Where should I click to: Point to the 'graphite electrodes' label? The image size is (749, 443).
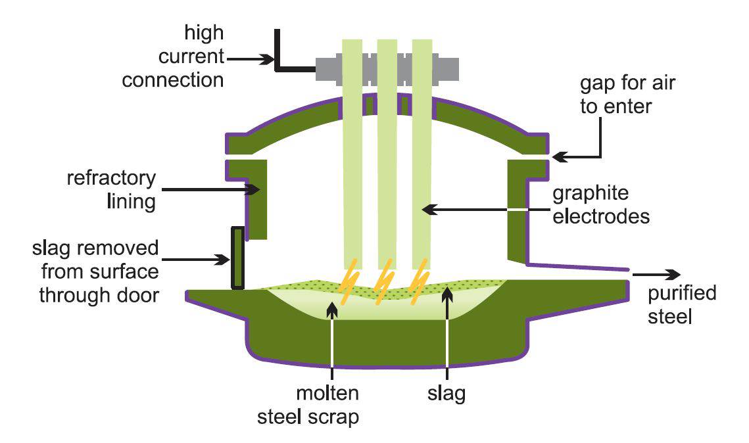click(600, 204)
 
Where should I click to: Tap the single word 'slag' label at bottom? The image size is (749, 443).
click(447, 394)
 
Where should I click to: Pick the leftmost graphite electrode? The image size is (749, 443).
click(353, 151)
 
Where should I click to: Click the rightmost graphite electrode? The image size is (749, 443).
click(422, 151)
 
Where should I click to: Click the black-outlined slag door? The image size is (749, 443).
click(237, 258)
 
